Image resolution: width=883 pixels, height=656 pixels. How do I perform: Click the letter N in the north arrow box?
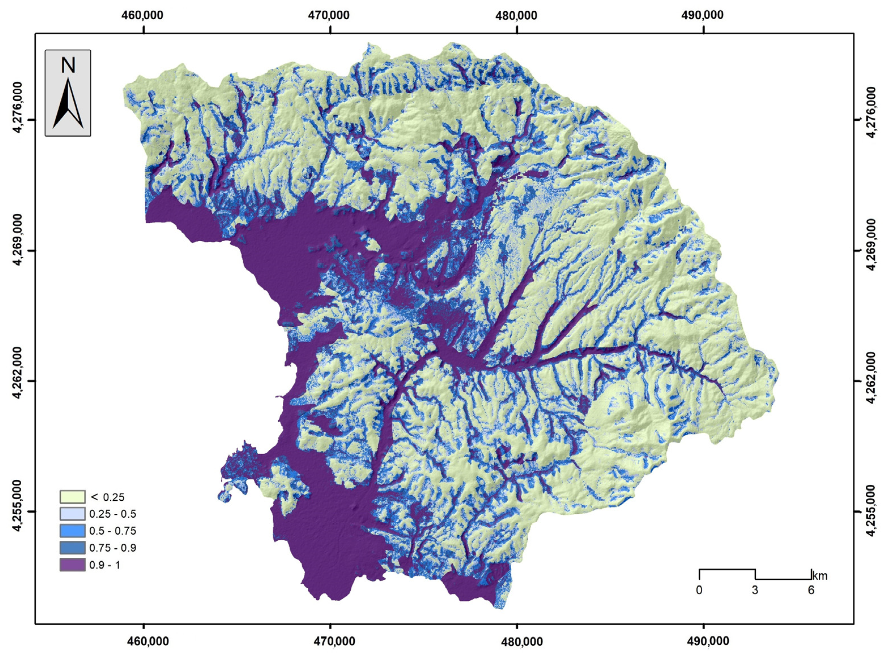[68, 66]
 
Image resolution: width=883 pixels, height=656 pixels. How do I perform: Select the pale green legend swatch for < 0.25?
[72, 497]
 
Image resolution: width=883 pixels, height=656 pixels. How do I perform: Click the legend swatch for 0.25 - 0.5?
[72, 514]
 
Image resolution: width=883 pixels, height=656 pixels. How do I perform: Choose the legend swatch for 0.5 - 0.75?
[72, 531]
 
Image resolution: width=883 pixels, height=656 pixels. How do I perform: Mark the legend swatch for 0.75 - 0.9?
[72, 548]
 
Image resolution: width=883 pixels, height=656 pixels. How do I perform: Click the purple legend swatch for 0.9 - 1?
[72, 565]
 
